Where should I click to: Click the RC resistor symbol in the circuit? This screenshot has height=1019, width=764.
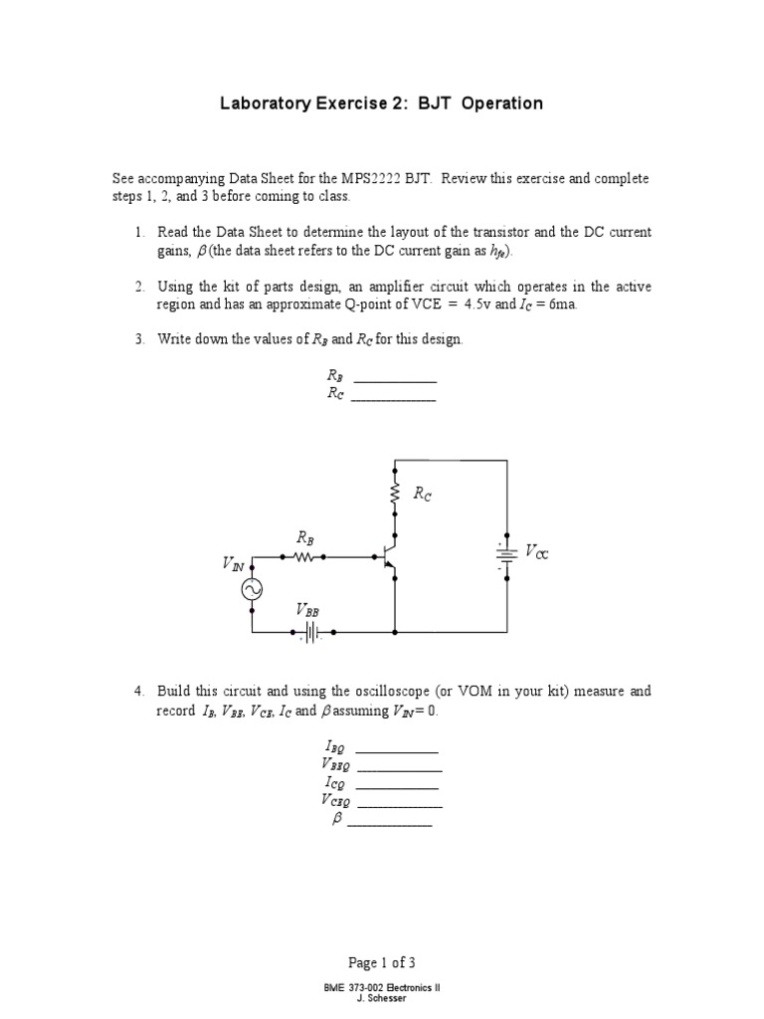point(396,494)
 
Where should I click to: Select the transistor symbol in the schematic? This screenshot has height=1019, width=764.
point(389,559)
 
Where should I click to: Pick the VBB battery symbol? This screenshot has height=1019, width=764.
point(310,632)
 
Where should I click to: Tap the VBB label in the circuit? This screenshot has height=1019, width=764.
point(307,609)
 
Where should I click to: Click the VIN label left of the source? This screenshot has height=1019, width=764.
point(233,564)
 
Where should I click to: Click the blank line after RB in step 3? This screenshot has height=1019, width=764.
point(395,380)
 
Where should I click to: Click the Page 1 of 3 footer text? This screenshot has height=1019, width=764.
point(382,962)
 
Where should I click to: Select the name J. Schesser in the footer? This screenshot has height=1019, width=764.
point(382,998)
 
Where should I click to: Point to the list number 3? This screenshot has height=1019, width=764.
point(140,339)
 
